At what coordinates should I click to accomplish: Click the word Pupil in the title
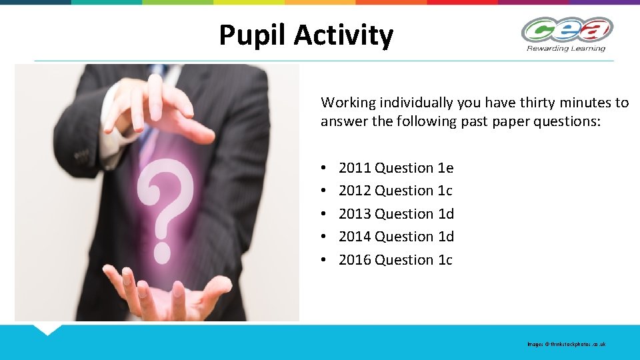[x=252, y=35]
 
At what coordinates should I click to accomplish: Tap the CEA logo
[x=567, y=30]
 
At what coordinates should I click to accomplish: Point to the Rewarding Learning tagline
[x=566, y=48]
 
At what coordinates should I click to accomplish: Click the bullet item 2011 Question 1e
[x=396, y=168]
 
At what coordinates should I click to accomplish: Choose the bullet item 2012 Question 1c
[x=395, y=191]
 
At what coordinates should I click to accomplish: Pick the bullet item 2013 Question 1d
[x=396, y=214]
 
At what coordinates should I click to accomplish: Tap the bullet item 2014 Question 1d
[x=396, y=237]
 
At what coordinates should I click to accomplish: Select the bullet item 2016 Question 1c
[x=395, y=260]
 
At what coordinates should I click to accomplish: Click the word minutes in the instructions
[x=579, y=103]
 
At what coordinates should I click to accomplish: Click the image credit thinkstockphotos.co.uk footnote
[x=567, y=344]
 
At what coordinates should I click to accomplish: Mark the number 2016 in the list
[x=355, y=260]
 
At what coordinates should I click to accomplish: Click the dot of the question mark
[x=162, y=251]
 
